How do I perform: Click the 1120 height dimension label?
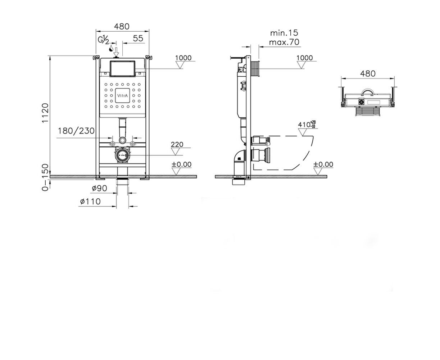[x=45, y=113]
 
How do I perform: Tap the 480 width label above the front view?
[x=122, y=27]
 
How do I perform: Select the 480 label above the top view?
[x=368, y=73]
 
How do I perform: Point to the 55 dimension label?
[x=138, y=39]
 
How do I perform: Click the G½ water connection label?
[x=104, y=40]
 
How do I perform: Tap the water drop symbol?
[x=111, y=49]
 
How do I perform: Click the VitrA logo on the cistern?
[x=122, y=96]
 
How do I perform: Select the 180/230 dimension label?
[x=76, y=131]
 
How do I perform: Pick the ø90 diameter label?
[x=100, y=188]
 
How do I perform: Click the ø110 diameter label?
[x=90, y=202]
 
